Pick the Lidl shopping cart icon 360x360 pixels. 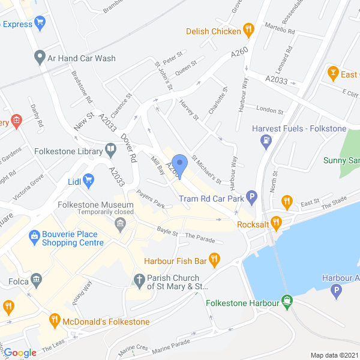click(89, 180)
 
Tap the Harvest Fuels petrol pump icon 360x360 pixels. click(265, 141)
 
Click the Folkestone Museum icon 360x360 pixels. click(120, 224)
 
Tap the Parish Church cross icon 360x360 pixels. click(139, 279)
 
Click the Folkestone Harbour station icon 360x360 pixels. click(288, 302)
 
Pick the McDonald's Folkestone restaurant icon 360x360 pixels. click(55, 321)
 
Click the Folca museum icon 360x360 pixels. click(37, 279)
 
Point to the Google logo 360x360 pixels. click(20, 353)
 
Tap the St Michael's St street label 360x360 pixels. click(206, 170)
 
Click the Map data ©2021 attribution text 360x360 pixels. click(334, 355)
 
